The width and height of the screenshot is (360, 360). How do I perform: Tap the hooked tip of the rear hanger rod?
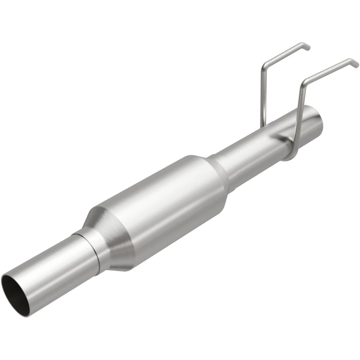pyautogui.click(x=306, y=46)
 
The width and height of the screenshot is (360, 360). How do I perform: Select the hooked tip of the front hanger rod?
pyautogui.click(x=355, y=63)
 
